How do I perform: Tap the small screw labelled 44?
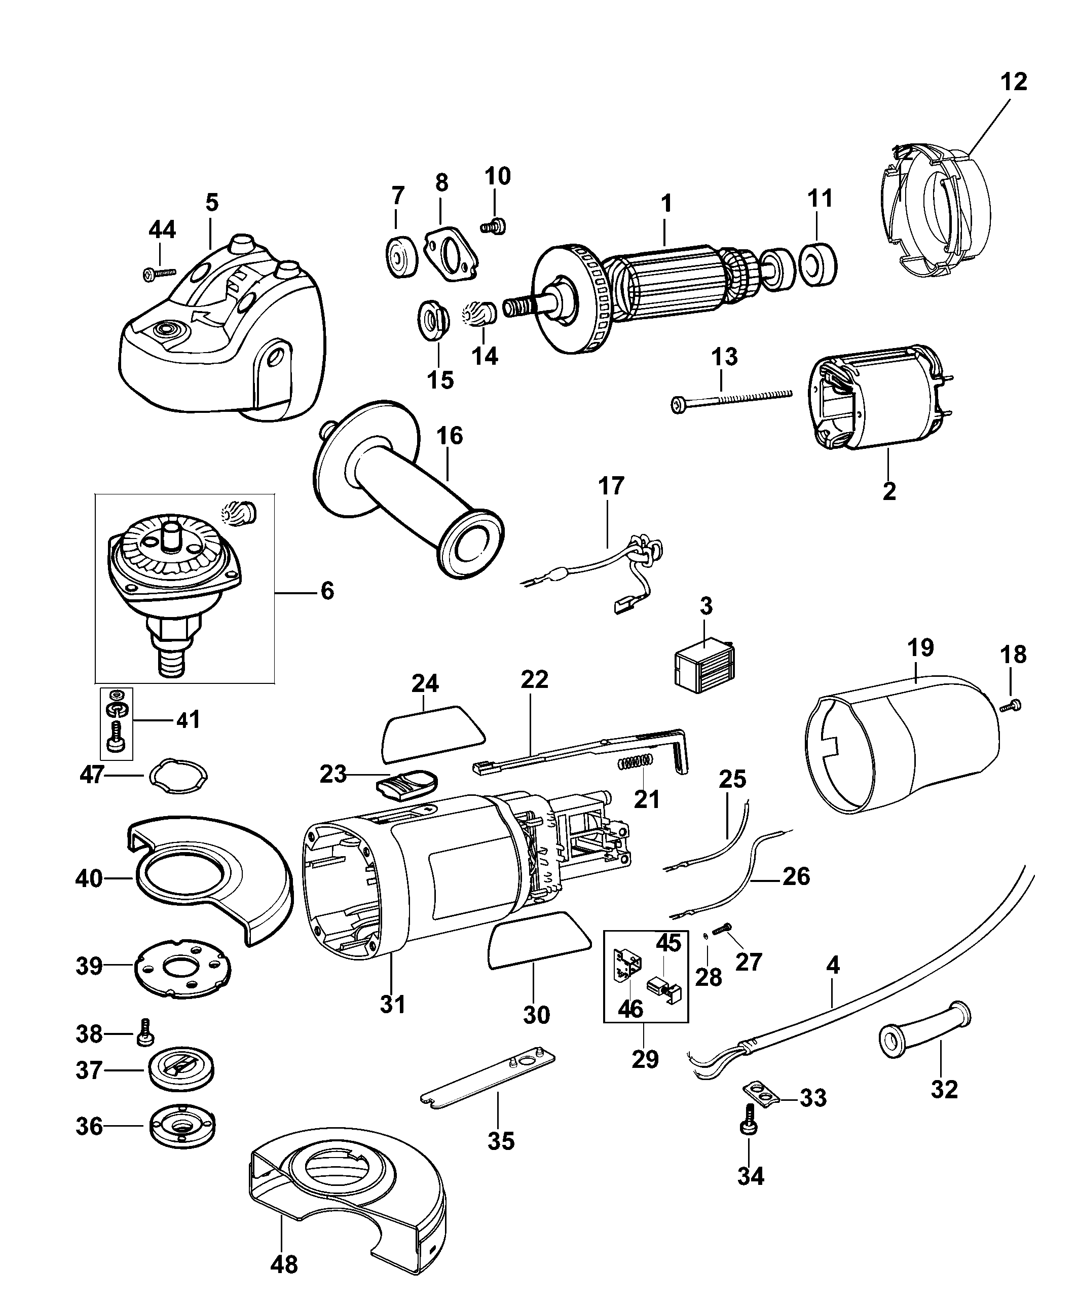(x=159, y=273)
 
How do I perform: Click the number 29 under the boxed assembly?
(x=645, y=1059)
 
